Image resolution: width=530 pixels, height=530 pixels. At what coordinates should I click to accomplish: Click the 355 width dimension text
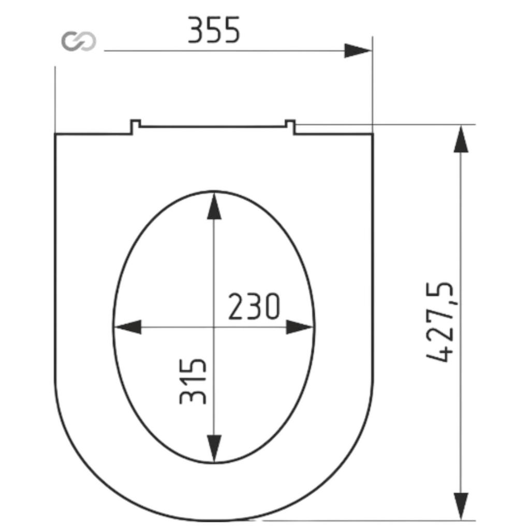[x=214, y=30]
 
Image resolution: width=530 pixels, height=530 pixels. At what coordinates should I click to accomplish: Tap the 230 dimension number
[x=254, y=306]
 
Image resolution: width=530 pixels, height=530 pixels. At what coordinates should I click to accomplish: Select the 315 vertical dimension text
[x=193, y=381]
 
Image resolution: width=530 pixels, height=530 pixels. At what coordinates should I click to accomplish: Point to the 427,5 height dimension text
[x=439, y=322]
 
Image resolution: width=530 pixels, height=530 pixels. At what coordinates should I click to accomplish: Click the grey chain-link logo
[x=79, y=41]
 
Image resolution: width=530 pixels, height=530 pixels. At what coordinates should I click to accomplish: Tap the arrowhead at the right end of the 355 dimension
[x=358, y=51]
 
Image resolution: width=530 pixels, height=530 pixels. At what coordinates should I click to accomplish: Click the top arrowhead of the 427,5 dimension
[x=461, y=139]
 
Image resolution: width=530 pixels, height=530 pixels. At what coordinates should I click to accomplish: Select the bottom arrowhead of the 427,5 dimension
[x=461, y=506]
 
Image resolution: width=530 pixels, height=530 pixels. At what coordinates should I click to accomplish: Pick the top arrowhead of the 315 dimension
[x=214, y=205]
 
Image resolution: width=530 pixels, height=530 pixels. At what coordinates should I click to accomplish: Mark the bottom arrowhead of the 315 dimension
[x=214, y=449]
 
